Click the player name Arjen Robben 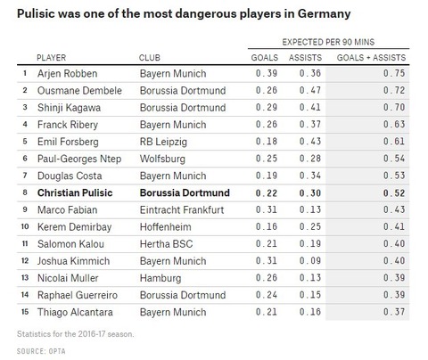click(x=67, y=74)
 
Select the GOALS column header click(x=265, y=57)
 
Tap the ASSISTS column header click(x=305, y=57)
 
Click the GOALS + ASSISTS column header click(x=371, y=57)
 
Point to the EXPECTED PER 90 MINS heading click(x=328, y=42)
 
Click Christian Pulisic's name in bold click(x=75, y=192)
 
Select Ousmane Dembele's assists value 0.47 click(x=310, y=90)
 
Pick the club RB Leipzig click(x=163, y=142)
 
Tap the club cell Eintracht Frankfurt click(x=182, y=209)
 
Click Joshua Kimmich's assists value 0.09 click(x=310, y=261)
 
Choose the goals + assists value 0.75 click(x=394, y=73)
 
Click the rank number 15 click(x=25, y=312)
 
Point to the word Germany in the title click(x=324, y=13)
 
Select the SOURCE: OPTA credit click(x=41, y=351)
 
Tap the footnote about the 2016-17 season click(x=76, y=334)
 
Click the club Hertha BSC click(x=166, y=244)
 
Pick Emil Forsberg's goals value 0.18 click(x=267, y=142)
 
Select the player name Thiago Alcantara click(x=75, y=312)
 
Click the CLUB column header click(x=150, y=57)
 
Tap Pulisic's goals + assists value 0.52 click(x=394, y=192)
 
